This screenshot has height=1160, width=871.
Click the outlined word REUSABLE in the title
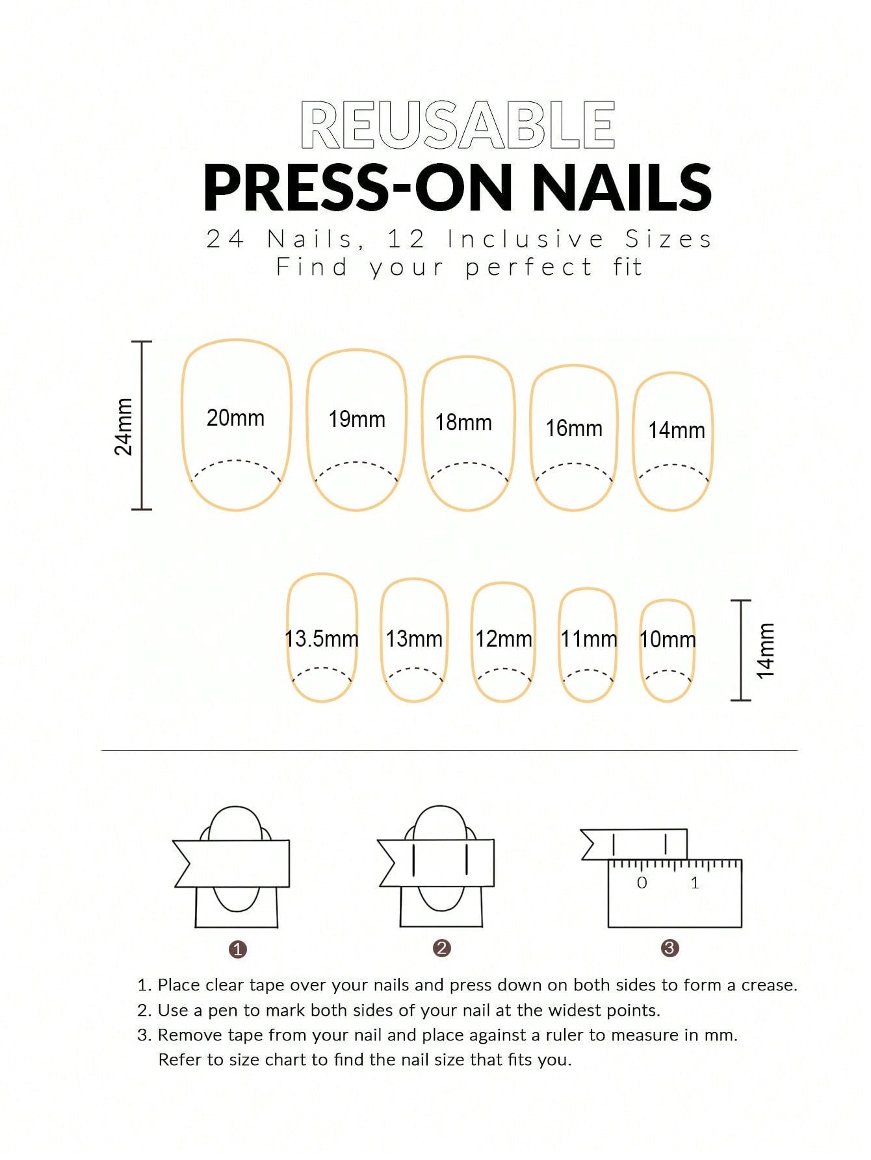pos(458,125)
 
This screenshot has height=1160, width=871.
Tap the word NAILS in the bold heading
pos(622,188)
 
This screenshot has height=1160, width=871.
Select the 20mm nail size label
pos(235,418)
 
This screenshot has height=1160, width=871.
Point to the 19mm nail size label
pos(357,419)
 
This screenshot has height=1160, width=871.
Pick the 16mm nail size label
pos(574,428)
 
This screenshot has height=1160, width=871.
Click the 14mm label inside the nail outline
pos(677,430)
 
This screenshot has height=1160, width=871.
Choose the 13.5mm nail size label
pos(322,638)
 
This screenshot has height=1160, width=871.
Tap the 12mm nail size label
pos(504,639)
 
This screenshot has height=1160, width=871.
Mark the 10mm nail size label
pos(668,639)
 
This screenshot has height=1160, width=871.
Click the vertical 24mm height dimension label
pos(123,426)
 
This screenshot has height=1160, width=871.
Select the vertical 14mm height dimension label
pos(766,651)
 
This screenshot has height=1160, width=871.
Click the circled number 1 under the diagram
pos(238,949)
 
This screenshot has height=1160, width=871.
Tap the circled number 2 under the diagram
pos(441,948)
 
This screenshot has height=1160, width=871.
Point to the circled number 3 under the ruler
pos(669,948)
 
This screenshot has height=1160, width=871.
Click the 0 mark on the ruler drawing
pos(642,883)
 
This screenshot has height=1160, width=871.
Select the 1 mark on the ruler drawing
pos(695,883)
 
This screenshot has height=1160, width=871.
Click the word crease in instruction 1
pos(769,985)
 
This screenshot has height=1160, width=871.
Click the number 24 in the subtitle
pos(225,239)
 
